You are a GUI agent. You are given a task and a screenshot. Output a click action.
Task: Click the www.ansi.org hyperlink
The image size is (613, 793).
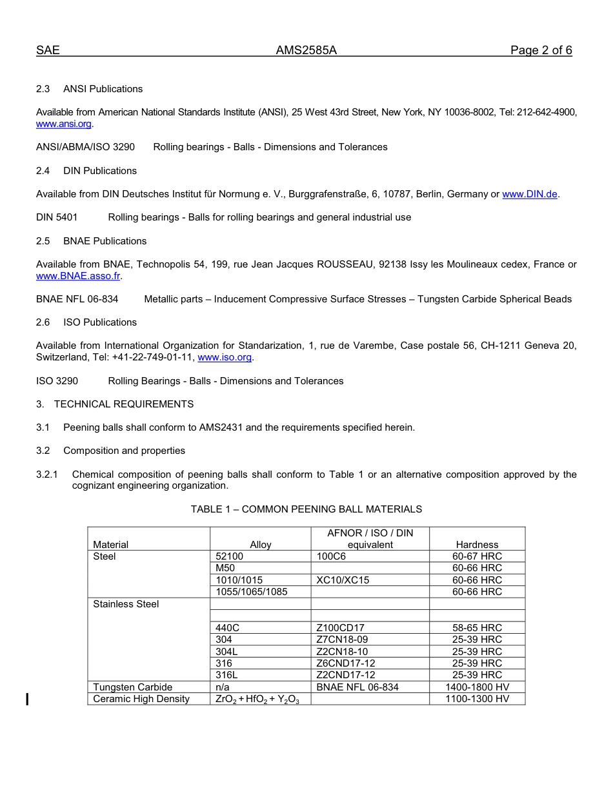[64, 124]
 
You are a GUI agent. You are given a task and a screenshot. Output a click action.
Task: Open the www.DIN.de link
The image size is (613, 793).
[529, 194]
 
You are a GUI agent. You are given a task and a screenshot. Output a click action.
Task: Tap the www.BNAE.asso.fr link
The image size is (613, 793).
[78, 276]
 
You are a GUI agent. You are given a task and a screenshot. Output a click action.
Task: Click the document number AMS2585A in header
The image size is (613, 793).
[306, 51]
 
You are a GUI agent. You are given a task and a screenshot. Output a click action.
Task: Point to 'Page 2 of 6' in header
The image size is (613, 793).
[541, 51]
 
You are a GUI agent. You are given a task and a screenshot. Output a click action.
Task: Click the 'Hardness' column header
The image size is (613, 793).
[477, 545]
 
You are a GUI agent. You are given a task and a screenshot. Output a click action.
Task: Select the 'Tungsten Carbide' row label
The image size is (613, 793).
[133, 687]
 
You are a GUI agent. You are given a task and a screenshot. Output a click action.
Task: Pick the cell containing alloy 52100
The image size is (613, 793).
[229, 556]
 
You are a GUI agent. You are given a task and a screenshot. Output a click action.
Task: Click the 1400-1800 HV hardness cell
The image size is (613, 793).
[477, 687]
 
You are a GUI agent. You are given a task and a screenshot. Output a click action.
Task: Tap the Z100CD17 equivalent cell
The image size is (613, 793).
[341, 628]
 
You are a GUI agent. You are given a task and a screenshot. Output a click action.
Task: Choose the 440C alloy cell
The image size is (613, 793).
[228, 628]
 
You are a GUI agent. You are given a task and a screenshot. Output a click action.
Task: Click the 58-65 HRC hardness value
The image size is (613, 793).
[477, 628]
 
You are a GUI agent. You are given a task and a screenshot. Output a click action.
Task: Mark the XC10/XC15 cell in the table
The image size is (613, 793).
[343, 580]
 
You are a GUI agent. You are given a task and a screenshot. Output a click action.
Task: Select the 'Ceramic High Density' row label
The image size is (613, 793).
[141, 699]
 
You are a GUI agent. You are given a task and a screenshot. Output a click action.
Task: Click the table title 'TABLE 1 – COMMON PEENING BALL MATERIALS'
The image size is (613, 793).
[306, 509]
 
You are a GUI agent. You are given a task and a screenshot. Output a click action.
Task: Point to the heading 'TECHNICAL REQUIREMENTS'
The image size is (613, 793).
[124, 404]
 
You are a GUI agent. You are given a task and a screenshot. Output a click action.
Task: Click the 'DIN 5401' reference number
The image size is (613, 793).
[57, 217]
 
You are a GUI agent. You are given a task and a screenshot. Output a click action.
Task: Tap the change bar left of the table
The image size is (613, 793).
[27, 699]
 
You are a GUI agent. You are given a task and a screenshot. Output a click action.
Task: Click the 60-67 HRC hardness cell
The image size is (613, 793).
[477, 556]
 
